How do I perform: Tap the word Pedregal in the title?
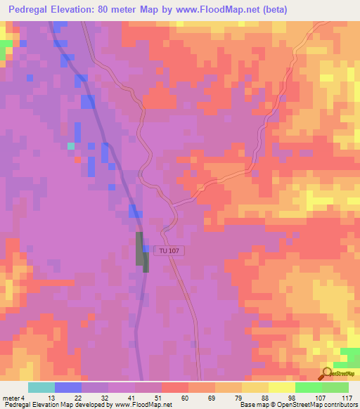[x=28, y=9]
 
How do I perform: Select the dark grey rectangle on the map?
[x=141, y=249]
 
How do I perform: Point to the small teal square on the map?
[x=70, y=146]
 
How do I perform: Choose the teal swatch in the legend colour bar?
[x=41, y=387]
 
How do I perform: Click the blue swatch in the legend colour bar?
[x=67, y=387]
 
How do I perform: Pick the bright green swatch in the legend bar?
[x=308, y=387]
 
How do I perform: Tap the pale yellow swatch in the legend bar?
[x=281, y=387]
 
